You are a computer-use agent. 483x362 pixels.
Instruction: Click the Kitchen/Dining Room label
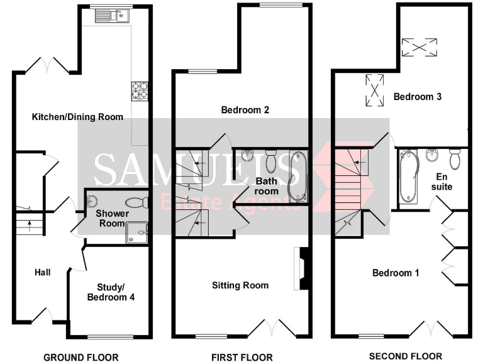pyautogui.click(x=77, y=117)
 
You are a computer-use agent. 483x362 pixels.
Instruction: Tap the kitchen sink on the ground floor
pyautogui.click(x=111, y=16)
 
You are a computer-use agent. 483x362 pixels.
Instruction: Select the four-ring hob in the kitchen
pyautogui.click(x=139, y=90)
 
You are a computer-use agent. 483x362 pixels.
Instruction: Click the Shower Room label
pyautogui.click(x=113, y=218)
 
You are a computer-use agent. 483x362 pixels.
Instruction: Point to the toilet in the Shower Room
pyautogui.click(x=135, y=202)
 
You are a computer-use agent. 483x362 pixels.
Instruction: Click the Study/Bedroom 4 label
pyautogui.click(x=111, y=292)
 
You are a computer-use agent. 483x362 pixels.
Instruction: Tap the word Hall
pyautogui.click(x=43, y=272)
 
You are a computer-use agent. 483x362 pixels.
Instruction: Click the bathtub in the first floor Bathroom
pyautogui.click(x=294, y=178)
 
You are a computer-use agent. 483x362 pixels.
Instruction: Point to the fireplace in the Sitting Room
pyautogui.click(x=303, y=268)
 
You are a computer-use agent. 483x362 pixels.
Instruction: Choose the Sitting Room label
pyautogui.click(x=240, y=285)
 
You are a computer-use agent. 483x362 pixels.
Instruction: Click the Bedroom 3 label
pyautogui.click(x=418, y=97)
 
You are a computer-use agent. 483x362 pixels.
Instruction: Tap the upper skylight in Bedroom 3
pyautogui.click(x=419, y=47)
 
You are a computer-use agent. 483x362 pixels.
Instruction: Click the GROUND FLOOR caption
pyautogui.click(x=80, y=358)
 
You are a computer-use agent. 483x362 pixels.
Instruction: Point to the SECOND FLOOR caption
pyautogui.click(x=406, y=356)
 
